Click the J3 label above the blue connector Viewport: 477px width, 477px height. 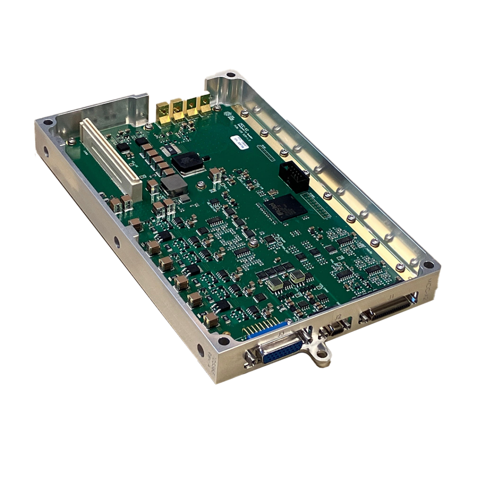pos(280,334)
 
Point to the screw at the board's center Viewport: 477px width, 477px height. pos(253,243)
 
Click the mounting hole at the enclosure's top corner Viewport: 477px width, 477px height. pos(231,75)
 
